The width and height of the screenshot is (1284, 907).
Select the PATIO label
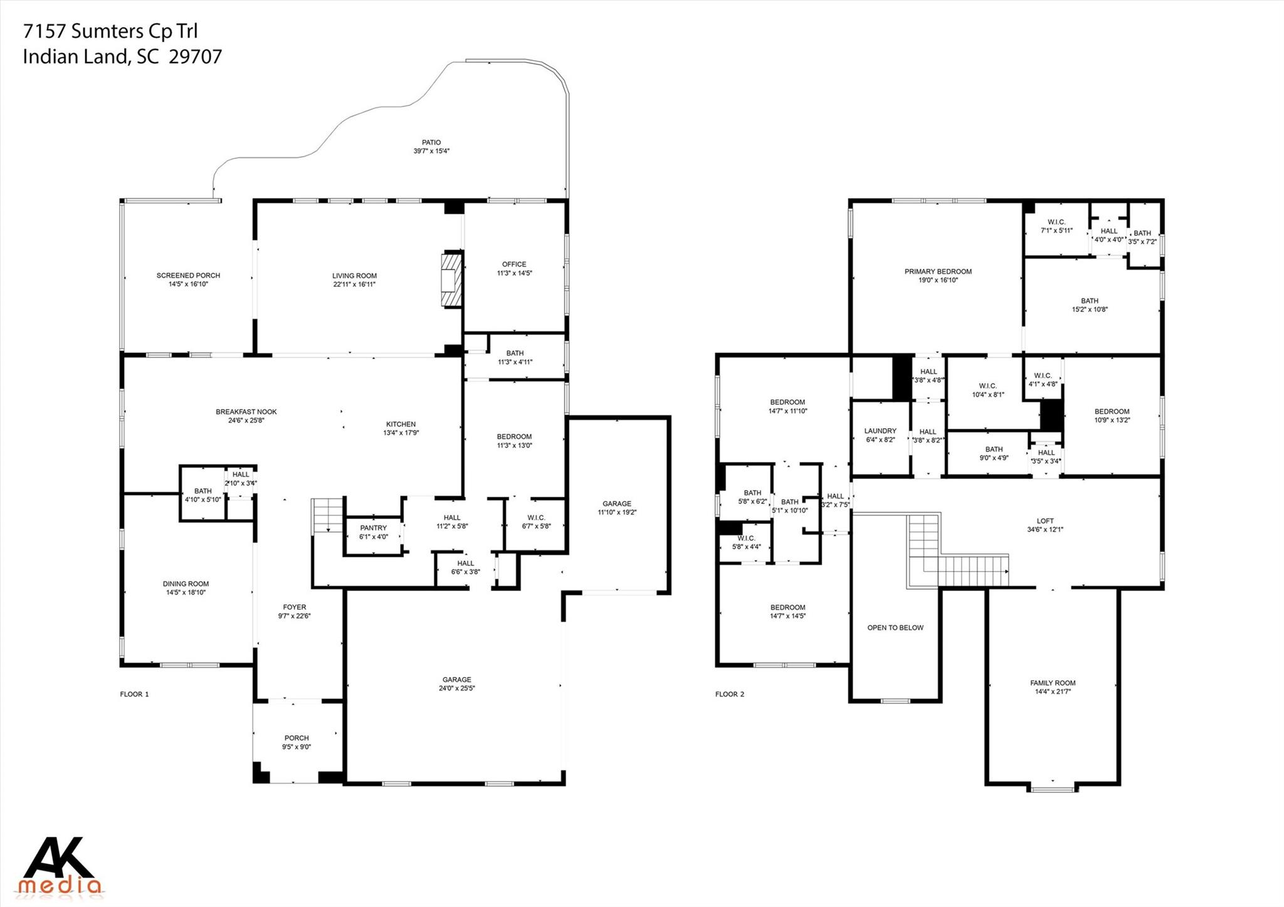[431, 142]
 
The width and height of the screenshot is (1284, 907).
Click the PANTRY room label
[373, 528]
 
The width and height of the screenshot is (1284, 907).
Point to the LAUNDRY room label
[880, 431]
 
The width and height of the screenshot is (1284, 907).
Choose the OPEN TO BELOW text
[895, 627]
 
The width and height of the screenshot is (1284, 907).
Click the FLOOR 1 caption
[134, 694]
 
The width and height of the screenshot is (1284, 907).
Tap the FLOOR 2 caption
[730, 694]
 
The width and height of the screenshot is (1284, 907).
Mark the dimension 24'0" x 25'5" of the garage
[456, 688]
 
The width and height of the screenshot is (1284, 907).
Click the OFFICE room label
[514, 264]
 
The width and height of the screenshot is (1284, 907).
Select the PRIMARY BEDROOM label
[938, 271]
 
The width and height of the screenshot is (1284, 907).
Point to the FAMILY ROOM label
[1053, 683]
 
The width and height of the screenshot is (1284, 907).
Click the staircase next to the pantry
[327, 515]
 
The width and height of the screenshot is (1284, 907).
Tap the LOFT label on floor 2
[1045, 520]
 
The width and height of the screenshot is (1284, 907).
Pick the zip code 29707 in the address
[196, 57]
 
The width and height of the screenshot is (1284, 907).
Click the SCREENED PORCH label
[188, 275]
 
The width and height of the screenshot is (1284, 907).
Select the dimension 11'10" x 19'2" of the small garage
[617, 512]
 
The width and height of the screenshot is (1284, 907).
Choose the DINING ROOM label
[186, 584]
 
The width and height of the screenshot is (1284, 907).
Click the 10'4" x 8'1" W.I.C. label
[987, 395]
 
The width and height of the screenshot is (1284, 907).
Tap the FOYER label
[295, 607]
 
